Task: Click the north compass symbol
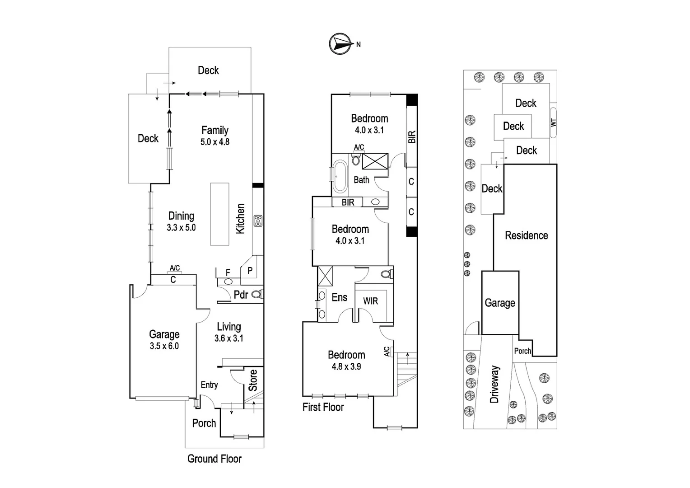(340, 44)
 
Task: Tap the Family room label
(215, 136)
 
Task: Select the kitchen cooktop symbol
(258, 221)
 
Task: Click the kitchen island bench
(219, 214)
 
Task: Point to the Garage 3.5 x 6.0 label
(164, 340)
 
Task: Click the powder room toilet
(257, 295)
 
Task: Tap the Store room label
(253, 380)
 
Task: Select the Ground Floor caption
(214, 459)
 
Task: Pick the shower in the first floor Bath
(375, 161)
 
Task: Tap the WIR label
(370, 301)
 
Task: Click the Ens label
(339, 297)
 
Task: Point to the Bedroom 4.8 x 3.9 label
(346, 360)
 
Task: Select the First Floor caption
(323, 407)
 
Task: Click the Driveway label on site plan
(494, 384)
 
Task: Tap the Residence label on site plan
(526, 235)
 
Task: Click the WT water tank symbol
(553, 122)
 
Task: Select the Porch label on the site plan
(522, 351)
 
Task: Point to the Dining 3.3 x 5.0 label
(181, 221)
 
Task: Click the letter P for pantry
(250, 271)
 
